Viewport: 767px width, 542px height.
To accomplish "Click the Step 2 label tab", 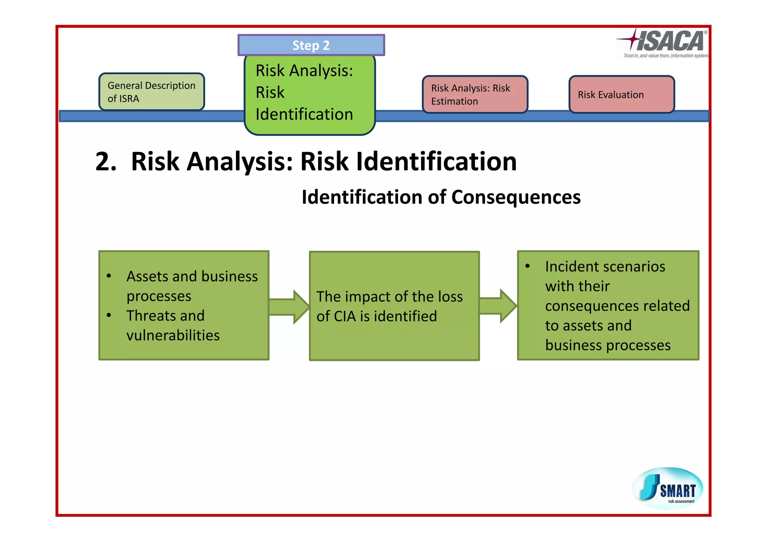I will tap(311, 45).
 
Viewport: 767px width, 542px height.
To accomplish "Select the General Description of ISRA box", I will tap(151, 92).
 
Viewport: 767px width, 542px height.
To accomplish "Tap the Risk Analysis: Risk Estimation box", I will tap(475, 95).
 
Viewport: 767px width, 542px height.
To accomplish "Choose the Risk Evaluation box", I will tap(621, 95).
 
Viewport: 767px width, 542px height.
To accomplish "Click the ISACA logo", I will tap(663, 43).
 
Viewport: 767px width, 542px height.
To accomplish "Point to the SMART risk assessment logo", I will tap(667, 488).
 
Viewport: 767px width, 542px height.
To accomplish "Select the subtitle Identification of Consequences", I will tap(441, 197).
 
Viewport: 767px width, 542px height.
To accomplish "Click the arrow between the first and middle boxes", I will tap(289, 307).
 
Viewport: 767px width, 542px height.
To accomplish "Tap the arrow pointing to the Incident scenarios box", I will tap(498, 306).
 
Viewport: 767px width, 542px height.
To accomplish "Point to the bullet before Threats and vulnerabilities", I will tap(109, 315).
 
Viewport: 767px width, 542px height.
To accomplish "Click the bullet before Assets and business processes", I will tap(109, 276).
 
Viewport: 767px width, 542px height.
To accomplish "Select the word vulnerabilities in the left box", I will tap(173, 335).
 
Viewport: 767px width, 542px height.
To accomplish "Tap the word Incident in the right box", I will tap(573, 267).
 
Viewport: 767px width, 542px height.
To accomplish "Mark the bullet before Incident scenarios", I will tap(527, 266).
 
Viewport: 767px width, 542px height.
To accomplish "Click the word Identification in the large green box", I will tap(304, 115).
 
